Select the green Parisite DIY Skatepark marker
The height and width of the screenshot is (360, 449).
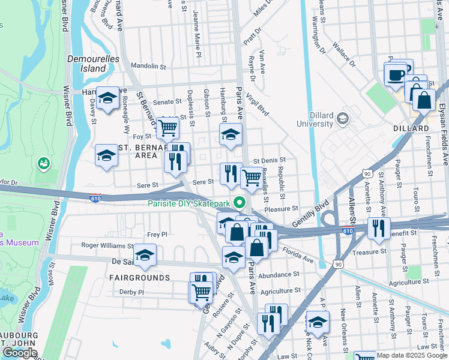tap(240, 203)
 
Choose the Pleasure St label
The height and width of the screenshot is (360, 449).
tap(281, 209)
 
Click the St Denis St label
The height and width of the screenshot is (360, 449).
tap(268, 161)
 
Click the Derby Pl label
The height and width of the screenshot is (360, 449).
tap(132, 292)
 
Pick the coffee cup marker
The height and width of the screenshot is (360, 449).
tap(395, 74)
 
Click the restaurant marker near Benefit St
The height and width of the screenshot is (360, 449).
tap(378, 227)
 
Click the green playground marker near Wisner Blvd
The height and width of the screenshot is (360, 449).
tap(43, 163)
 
